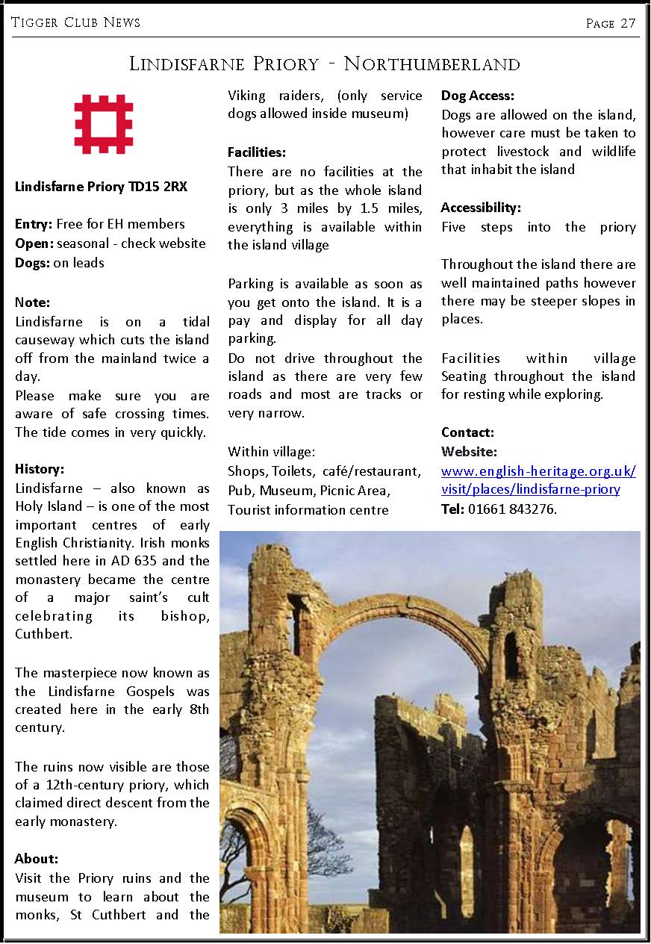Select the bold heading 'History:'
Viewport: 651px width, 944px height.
pos(40,470)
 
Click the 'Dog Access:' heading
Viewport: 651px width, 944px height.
pos(478,96)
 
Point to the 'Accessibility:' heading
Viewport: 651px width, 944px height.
pos(481,208)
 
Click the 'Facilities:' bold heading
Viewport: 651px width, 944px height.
pos(257,152)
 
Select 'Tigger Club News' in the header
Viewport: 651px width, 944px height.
pos(75,22)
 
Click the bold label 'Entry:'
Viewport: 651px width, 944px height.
pos(34,224)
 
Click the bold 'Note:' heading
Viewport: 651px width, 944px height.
pos(32,302)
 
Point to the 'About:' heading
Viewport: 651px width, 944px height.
pos(37,859)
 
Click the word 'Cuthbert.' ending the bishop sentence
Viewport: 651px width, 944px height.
pos(43,635)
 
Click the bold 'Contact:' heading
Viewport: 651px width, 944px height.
pos(467,432)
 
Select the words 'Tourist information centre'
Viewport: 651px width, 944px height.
pos(308,510)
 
